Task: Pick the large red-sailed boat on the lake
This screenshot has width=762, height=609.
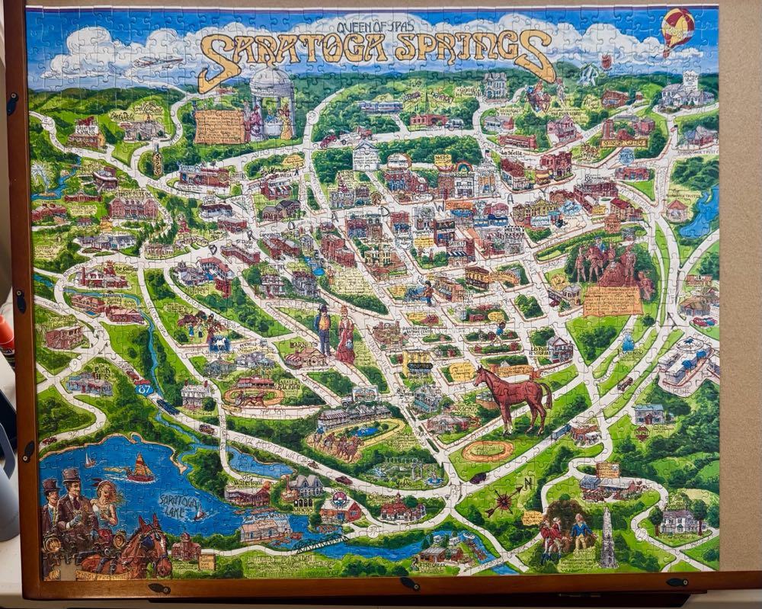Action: click(x=140, y=468)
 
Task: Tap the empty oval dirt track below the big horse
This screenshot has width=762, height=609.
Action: click(x=488, y=450)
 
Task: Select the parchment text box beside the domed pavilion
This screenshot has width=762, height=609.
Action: click(x=219, y=126)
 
